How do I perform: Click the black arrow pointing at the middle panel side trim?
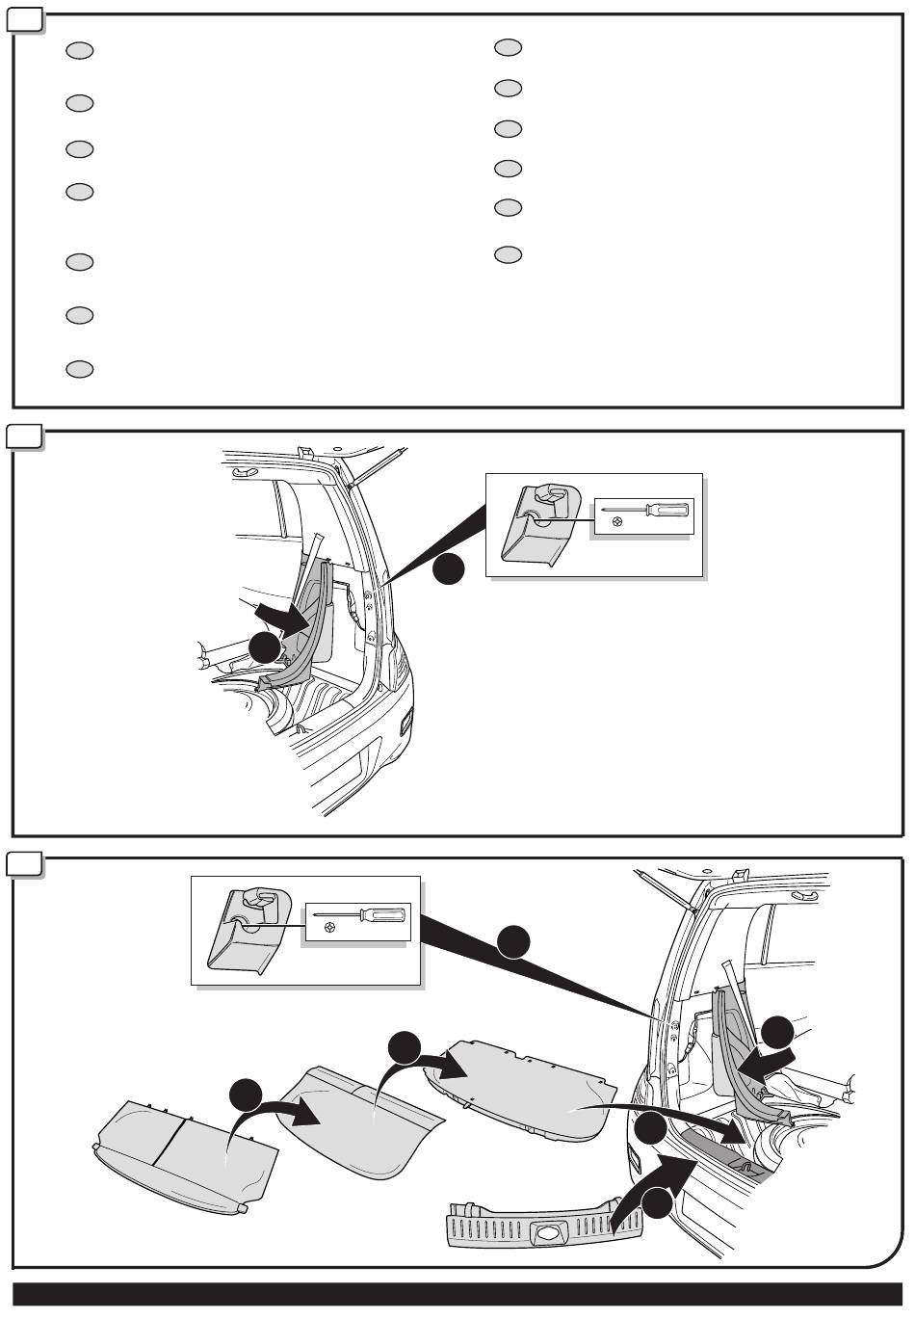click(x=279, y=618)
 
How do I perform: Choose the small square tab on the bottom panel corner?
click(x=25, y=863)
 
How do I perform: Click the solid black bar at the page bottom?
click(x=457, y=1294)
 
